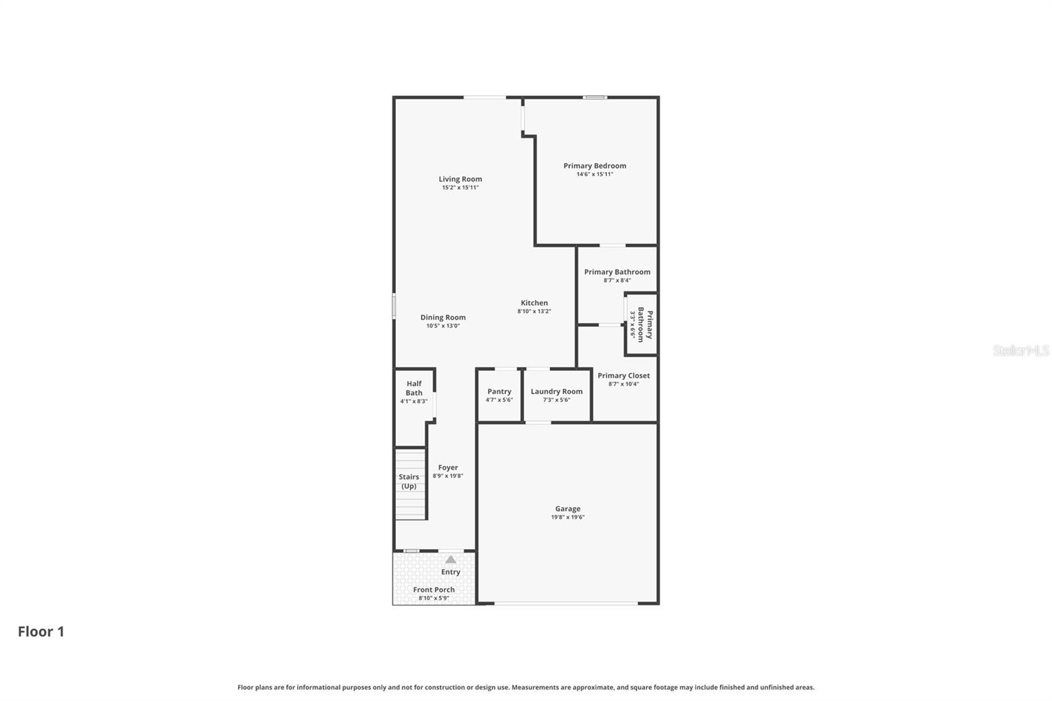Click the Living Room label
point(460,179)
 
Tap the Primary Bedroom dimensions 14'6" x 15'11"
point(594,174)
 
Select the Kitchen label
point(534,303)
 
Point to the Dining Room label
point(442,318)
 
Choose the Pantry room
point(499,395)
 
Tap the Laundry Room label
point(556,391)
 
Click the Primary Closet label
point(623,375)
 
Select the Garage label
point(567,508)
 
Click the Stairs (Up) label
point(409,481)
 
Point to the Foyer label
point(448,468)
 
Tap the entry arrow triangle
point(450,560)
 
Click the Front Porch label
point(433,590)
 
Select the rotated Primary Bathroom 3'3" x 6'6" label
point(641,325)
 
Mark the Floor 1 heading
point(41,631)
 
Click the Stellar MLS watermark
point(1020,350)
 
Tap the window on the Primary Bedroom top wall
point(595,97)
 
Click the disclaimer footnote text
point(525,687)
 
